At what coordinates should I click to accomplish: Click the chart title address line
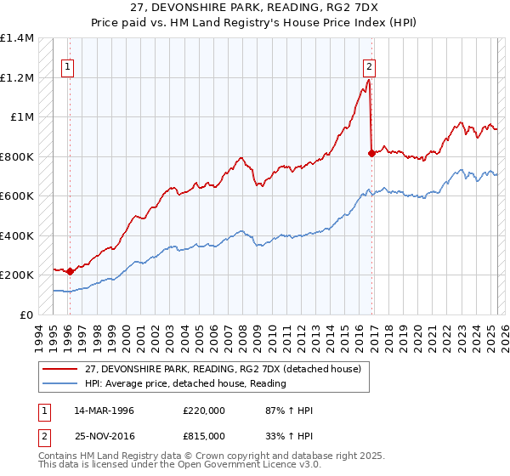(255, 8)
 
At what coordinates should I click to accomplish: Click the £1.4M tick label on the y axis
(17, 38)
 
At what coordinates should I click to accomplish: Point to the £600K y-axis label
(17, 196)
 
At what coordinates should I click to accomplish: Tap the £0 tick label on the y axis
(25, 314)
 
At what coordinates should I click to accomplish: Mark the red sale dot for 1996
(70, 271)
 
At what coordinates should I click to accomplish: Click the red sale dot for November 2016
(371, 153)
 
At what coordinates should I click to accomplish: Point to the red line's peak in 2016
(368, 81)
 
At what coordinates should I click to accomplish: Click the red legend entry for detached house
(224, 369)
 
